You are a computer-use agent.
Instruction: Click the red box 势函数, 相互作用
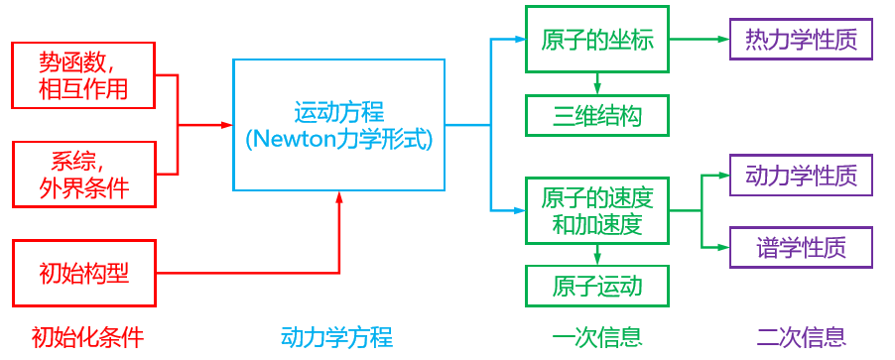[83, 74]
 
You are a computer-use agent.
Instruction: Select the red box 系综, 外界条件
[83, 173]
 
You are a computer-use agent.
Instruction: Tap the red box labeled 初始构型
[83, 272]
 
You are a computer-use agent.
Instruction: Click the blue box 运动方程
[338, 124]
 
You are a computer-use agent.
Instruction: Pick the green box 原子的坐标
[596, 40]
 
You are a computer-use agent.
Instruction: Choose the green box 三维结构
[596, 116]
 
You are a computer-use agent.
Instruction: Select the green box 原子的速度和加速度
[596, 210]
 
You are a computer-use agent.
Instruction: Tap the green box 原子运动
[596, 286]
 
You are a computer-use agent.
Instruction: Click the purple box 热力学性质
[801, 40]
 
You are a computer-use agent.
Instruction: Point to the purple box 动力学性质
[801, 176]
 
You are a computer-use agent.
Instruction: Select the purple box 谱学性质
[801, 247]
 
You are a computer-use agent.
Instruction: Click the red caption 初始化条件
[87, 337]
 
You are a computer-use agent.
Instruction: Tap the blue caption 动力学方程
[336, 337]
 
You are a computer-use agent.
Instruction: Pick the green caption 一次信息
[595, 337]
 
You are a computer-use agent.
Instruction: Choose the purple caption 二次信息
[801, 337]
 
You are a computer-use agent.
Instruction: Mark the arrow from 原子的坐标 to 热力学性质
[699, 40]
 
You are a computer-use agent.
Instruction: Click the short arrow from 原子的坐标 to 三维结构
[596, 83]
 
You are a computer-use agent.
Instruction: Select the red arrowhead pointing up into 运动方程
[338, 197]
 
